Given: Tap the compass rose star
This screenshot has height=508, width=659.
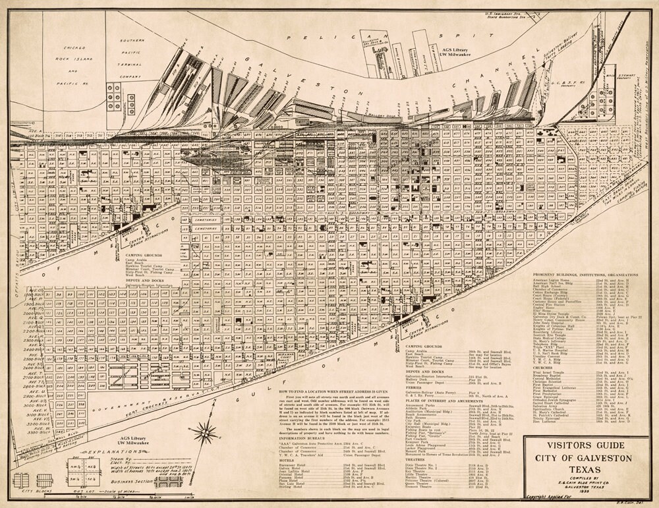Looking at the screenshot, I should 206,433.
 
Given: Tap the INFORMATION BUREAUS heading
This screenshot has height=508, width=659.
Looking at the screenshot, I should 305,437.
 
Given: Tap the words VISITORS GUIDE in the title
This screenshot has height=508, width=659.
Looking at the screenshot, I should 581,445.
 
